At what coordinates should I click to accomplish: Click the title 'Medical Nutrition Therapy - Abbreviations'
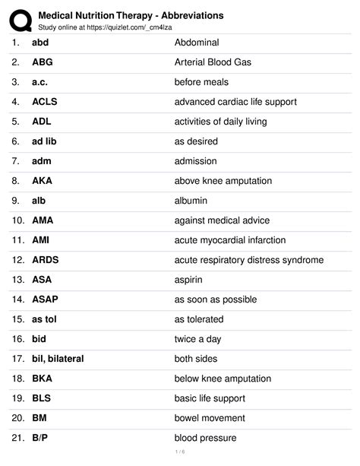pos(131,14)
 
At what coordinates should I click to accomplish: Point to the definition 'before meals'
pos(201,82)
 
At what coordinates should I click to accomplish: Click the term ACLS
pos(44,102)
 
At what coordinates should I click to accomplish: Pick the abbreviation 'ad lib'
pos(44,141)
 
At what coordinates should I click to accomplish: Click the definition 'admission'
pos(195,161)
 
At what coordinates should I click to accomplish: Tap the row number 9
pos(16,201)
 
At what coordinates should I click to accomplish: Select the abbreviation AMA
pos(43,220)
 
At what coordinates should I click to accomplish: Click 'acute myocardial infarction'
pos(230,240)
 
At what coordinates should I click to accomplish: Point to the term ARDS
pos(45,260)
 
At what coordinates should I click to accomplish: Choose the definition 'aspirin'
pos(188,280)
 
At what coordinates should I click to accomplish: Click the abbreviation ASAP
pos(45,300)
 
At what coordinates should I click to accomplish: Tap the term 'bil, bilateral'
pos(58,359)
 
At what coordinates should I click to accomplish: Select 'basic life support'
pos(210,398)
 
